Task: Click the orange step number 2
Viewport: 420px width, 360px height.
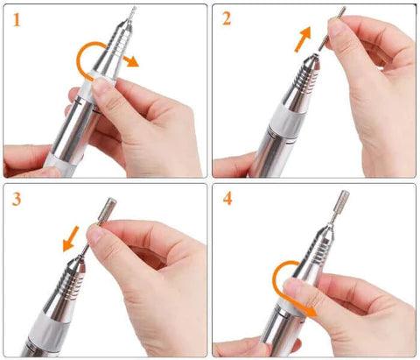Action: (x=227, y=18)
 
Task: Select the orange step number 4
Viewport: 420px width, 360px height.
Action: (x=227, y=199)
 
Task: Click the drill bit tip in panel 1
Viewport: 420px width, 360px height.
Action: (x=132, y=13)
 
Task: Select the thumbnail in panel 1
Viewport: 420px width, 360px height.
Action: (x=101, y=87)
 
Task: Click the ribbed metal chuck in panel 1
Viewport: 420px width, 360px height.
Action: (x=121, y=44)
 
